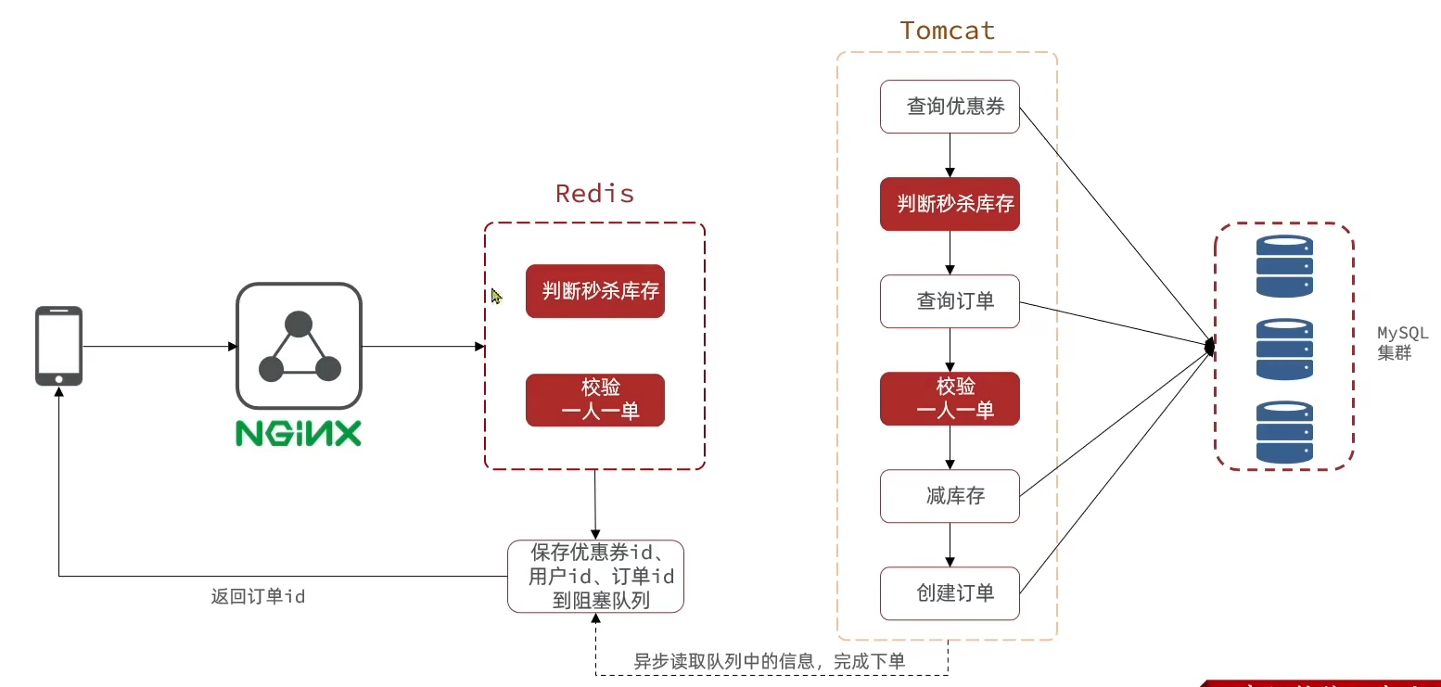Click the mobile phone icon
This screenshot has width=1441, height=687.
tap(58, 346)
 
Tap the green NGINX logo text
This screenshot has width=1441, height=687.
tap(298, 434)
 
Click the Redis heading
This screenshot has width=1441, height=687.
tap(594, 194)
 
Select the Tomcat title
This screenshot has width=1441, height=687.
tap(947, 31)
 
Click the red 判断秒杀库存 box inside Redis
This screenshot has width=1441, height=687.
tap(595, 291)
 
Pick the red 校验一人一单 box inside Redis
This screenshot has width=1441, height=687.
tap(595, 401)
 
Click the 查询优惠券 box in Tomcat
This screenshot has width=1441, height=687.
tap(950, 107)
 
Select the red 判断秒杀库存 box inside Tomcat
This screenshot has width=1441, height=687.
tap(950, 204)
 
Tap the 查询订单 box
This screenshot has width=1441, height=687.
tap(950, 301)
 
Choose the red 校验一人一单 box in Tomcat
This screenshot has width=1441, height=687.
tap(950, 399)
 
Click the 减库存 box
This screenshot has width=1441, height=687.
tap(950, 496)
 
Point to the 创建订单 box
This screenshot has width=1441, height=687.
tap(950, 593)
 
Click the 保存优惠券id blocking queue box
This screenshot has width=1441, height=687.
tap(595, 577)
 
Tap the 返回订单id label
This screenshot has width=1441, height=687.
tap(258, 597)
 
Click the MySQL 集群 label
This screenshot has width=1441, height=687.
tap(1401, 342)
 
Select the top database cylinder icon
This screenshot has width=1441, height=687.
tap(1284, 266)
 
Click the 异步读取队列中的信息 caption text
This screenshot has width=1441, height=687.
tap(769, 661)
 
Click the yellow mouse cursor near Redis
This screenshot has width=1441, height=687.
tap(496, 296)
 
